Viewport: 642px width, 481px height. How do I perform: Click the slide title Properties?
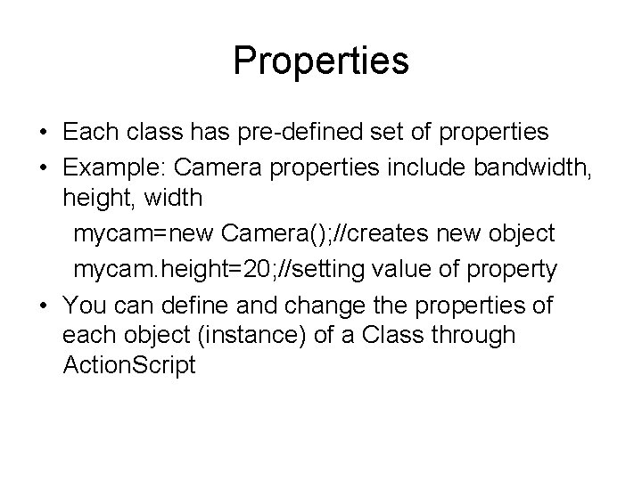[x=321, y=61]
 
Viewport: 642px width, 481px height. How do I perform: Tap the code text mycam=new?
[x=143, y=234]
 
